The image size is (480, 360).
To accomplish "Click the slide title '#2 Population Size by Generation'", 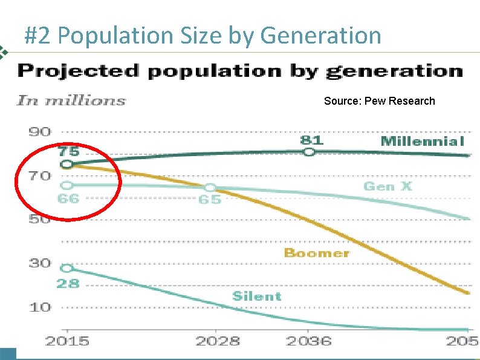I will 203,36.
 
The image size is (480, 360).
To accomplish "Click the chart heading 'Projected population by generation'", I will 240,71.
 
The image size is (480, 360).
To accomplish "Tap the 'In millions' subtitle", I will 71,100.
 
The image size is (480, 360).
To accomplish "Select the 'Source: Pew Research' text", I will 379,101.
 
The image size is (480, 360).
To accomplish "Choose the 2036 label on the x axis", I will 309,341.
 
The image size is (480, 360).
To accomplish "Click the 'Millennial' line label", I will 422,142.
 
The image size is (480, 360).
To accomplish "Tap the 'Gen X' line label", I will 388,186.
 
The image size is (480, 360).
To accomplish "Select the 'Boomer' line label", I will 317,253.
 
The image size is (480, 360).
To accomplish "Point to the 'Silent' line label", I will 257,296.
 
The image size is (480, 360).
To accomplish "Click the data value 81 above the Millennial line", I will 311,140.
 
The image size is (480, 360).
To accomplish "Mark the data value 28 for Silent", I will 68,283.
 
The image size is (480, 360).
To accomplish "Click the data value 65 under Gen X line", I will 210,200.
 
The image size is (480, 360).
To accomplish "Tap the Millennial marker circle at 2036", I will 309,152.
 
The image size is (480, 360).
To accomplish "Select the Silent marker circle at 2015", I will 67,268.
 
